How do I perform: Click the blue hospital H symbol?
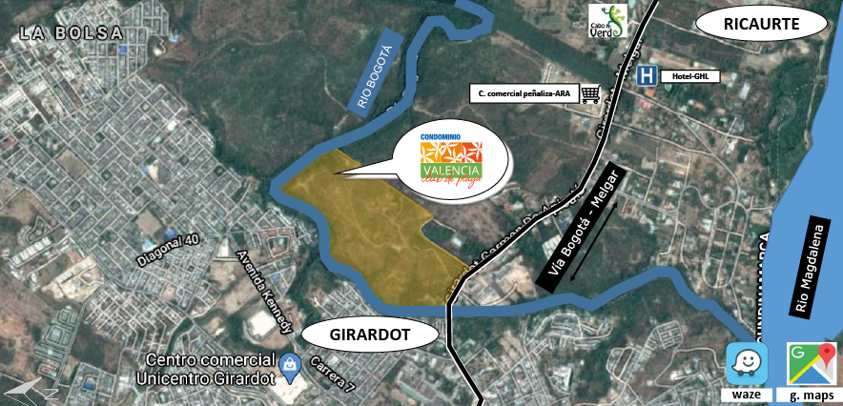[x=647, y=75]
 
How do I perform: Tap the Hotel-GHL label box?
[x=689, y=76]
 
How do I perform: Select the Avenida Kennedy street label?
[x=264, y=292]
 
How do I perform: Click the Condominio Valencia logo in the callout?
[x=450, y=162]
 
